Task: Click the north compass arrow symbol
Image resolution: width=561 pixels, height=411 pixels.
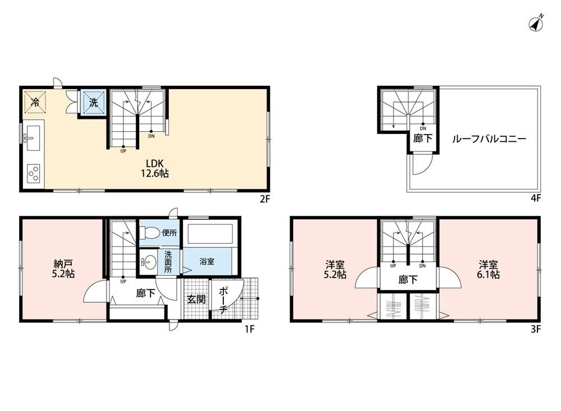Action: pyautogui.click(x=536, y=24)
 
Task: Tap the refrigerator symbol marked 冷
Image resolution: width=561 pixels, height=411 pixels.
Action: pyautogui.click(x=35, y=102)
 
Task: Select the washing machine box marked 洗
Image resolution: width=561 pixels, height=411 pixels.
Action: pyautogui.click(x=93, y=103)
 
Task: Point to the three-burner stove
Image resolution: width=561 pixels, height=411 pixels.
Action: pyautogui.click(x=33, y=174)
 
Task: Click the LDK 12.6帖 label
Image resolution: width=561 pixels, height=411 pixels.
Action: pyautogui.click(x=155, y=168)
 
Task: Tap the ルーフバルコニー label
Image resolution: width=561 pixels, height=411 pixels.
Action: pyautogui.click(x=489, y=139)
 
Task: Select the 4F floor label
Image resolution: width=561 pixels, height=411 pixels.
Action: pyautogui.click(x=535, y=198)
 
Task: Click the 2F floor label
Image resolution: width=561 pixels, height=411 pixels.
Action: pyautogui.click(x=264, y=198)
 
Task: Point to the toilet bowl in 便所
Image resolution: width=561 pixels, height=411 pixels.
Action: pyautogui.click(x=150, y=233)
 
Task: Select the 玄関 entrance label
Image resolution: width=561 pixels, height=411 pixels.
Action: pyautogui.click(x=196, y=299)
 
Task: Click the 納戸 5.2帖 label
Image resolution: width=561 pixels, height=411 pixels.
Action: pyautogui.click(x=64, y=269)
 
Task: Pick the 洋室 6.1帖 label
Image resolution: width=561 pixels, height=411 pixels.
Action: pyautogui.click(x=489, y=269)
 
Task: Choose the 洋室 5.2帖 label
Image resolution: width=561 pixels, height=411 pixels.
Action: pyautogui.click(x=335, y=269)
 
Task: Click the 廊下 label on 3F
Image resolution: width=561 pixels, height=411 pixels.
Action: pyautogui.click(x=408, y=279)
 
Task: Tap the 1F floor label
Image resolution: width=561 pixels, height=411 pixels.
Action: pyautogui.click(x=249, y=329)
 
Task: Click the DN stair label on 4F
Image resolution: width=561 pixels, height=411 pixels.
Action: pyautogui.click(x=423, y=128)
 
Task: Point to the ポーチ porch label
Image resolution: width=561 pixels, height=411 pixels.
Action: pyautogui.click(x=223, y=300)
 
